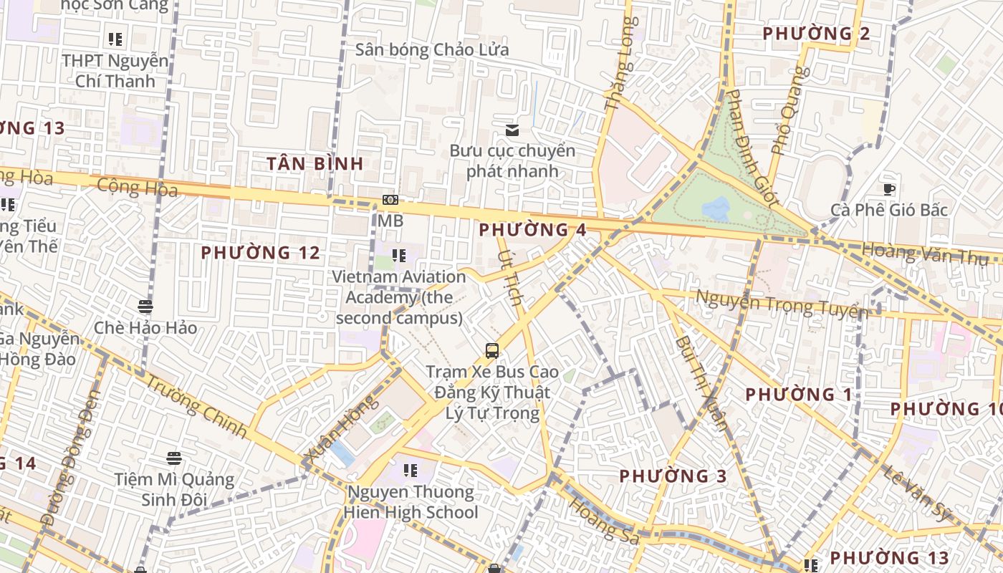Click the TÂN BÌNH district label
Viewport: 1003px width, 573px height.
pos(315,163)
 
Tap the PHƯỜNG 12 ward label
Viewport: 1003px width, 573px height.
pos(260,253)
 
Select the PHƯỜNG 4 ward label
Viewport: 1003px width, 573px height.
pos(532,230)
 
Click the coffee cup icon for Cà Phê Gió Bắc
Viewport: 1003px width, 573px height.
pos(889,190)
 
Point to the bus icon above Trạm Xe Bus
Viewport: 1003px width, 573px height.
pos(492,351)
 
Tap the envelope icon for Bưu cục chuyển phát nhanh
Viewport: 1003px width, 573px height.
pos(512,130)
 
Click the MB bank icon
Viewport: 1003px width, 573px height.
pos(390,201)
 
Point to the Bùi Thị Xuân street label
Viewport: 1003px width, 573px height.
pos(701,382)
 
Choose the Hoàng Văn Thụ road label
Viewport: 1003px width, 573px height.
pos(925,254)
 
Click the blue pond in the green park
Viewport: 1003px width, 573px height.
pos(716,209)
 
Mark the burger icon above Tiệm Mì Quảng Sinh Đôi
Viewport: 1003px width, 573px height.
pos(173,457)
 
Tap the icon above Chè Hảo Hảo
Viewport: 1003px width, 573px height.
pos(145,307)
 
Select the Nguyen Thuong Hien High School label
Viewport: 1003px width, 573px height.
pos(411,502)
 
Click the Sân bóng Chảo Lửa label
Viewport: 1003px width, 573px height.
pos(432,50)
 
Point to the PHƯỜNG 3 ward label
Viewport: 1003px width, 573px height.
pos(673,476)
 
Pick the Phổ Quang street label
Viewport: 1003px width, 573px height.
pos(790,111)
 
